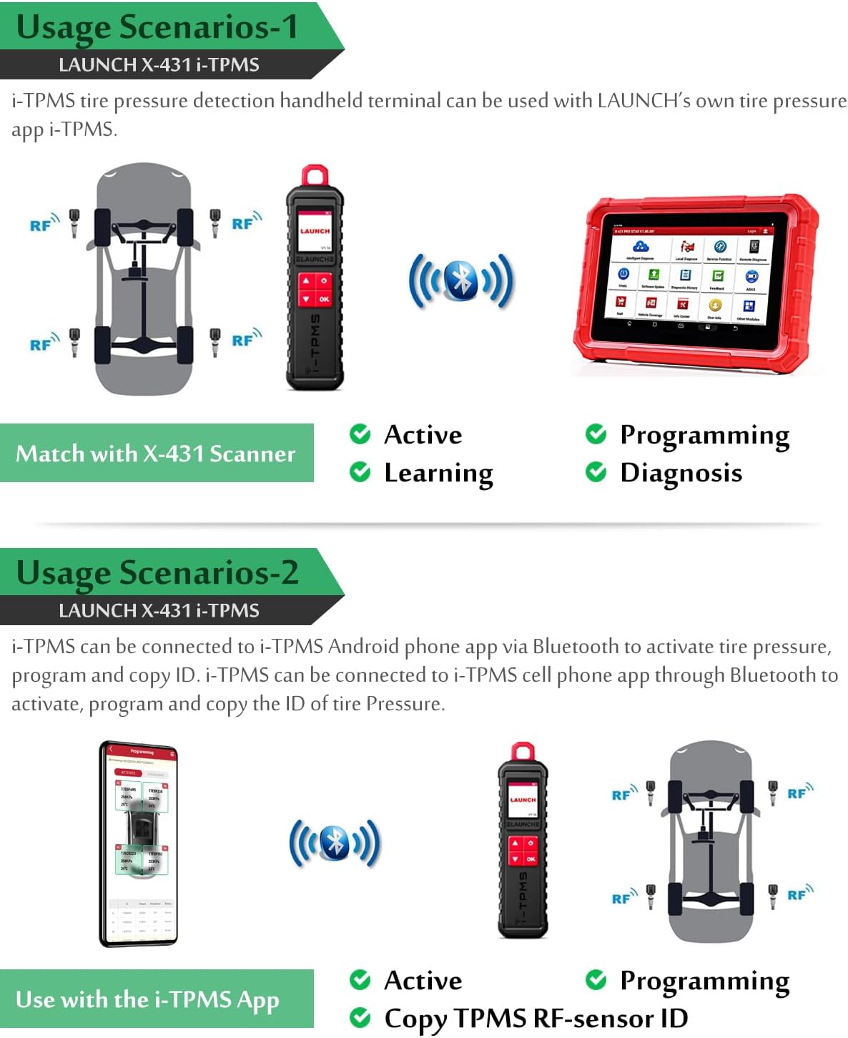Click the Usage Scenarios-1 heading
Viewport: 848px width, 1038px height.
[x=157, y=27]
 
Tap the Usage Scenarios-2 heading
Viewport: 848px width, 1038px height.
[x=157, y=573]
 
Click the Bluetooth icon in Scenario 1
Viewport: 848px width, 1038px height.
[x=461, y=280]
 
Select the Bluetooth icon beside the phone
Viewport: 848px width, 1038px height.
[x=335, y=843]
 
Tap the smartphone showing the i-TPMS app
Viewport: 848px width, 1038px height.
[x=139, y=843]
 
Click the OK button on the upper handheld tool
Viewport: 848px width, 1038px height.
[x=324, y=299]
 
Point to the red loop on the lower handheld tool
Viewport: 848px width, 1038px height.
[x=523, y=752]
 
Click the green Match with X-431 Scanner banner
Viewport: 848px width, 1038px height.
[x=156, y=453]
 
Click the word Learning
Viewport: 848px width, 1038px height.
[x=438, y=473]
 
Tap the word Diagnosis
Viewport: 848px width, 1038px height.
[x=681, y=473]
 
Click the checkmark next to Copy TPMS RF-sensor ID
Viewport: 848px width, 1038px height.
[x=360, y=1017]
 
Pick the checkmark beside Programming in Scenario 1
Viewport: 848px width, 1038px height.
[x=595, y=434]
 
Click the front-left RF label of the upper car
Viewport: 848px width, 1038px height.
[x=41, y=225]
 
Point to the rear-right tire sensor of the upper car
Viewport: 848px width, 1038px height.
[x=215, y=341]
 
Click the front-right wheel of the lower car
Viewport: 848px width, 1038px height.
[x=746, y=796]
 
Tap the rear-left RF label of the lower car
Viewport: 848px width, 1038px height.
[x=622, y=899]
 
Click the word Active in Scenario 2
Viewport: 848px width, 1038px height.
[x=423, y=980]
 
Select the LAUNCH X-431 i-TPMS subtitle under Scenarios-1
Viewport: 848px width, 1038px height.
[x=159, y=65]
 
